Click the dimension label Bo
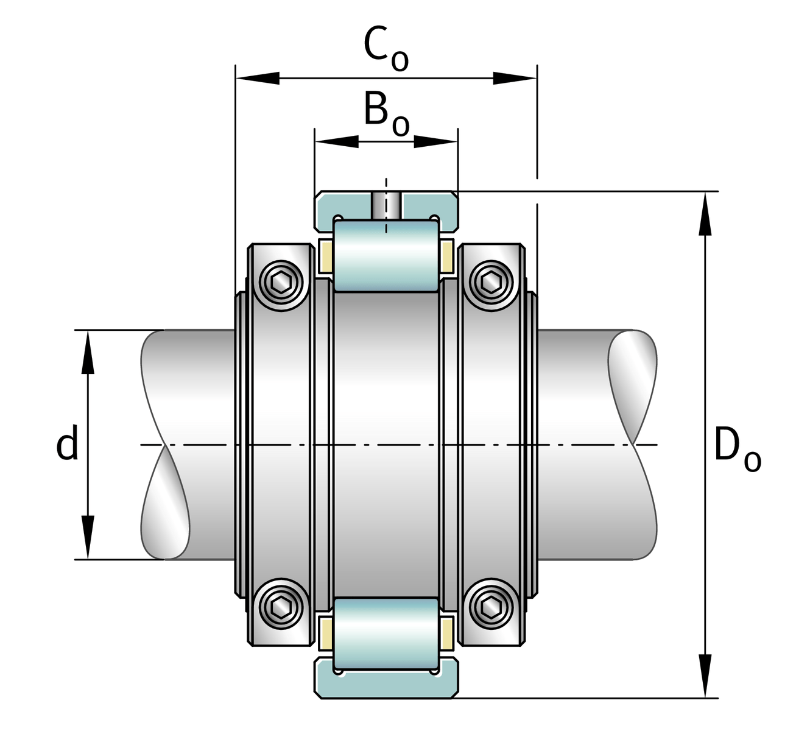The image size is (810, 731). [x=386, y=113]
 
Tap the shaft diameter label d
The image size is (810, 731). [x=68, y=444]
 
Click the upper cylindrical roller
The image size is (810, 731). [x=386, y=256]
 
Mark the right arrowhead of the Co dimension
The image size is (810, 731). [x=515, y=78]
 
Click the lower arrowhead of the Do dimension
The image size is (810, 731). [x=705, y=676]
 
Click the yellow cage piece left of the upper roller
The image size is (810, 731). [x=326, y=256]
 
